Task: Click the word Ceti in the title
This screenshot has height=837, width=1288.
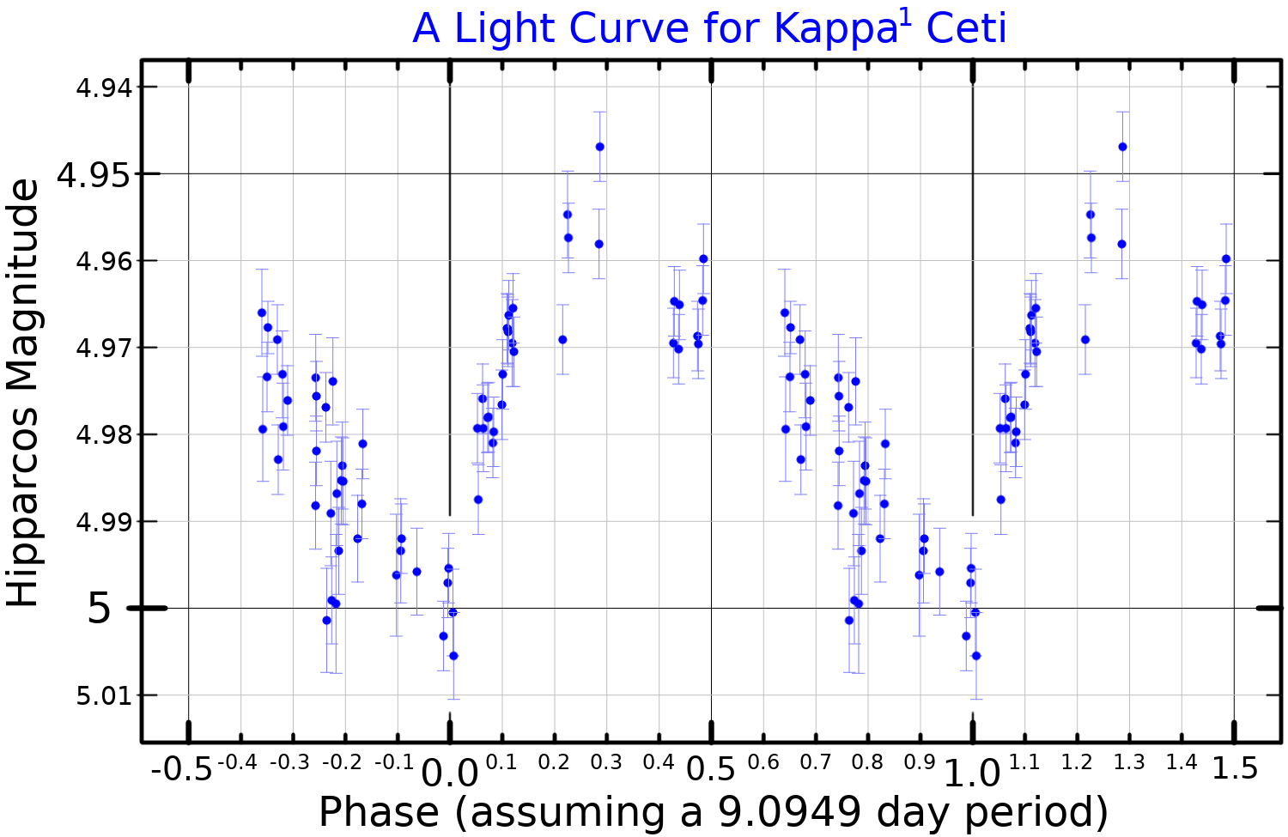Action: click(966, 29)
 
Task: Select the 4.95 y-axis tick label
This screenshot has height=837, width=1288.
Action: click(94, 175)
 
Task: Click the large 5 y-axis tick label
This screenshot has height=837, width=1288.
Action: click(100, 610)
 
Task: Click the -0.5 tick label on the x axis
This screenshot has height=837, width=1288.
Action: click(181, 769)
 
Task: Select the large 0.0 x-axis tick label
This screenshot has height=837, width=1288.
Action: click(449, 773)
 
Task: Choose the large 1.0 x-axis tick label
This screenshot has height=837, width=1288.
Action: click(973, 773)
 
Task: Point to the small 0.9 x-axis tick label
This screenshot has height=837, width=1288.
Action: click(920, 763)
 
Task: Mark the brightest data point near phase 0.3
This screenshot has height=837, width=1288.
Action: click(599, 147)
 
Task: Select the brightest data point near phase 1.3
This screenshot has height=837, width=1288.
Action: click(1122, 147)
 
